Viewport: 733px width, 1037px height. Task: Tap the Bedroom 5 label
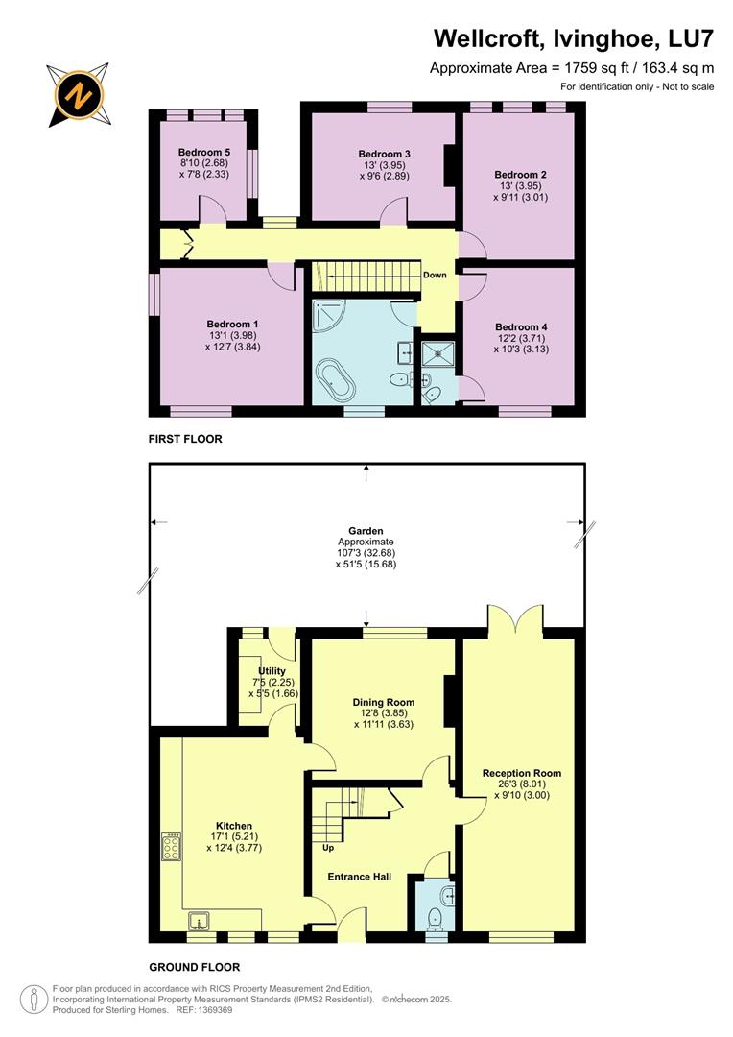[203, 152]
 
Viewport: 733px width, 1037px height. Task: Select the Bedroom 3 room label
[384, 154]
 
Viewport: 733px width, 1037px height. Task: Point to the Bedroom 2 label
[519, 175]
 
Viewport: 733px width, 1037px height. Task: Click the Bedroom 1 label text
[231, 324]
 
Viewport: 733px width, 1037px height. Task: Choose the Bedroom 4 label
[521, 326]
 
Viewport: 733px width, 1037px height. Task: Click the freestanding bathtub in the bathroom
[335, 382]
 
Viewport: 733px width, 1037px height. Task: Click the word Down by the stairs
[435, 276]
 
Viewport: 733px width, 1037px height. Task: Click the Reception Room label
[522, 773]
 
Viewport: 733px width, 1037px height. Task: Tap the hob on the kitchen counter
[173, 847]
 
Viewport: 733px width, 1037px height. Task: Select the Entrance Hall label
[360, 876]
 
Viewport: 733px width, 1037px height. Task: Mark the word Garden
[366, 530]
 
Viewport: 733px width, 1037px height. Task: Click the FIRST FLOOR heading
[185, 439]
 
